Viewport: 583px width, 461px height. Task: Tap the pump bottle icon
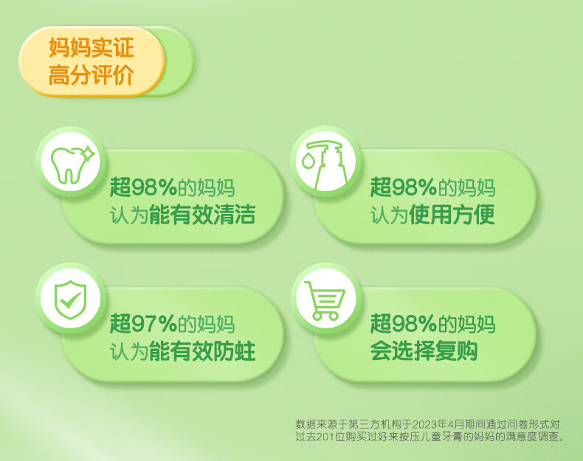pyautogui.click(x=324, y=164)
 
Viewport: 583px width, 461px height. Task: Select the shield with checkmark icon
pyautogui.click(x=70, y=299)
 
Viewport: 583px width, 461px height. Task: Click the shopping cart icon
pyautogui.click(x=325, y=300)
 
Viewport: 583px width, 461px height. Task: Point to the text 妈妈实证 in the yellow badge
pyautogui.click(x=91, y=47)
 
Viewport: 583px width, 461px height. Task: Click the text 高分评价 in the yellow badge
pyautogui.click(x=91, y=74)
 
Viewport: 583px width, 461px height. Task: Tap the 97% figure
pyautogui.click(x=154, y=324)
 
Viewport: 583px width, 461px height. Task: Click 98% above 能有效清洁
pyautogui.click(x=154, y=187)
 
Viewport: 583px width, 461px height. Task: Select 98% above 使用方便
pyautogui.click(x=414, y=187)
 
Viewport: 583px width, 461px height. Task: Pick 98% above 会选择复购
pyautogui.click(x=414, y=324)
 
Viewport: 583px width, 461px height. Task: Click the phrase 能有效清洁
pyautogui.click(x=202, y=215)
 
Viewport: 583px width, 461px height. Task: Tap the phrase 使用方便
pyautogui.click(x=452, y=215)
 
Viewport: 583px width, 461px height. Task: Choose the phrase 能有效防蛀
pyautogui.click(x=202, y=351)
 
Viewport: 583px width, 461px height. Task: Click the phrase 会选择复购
pyautogui.click(x=424, y=351)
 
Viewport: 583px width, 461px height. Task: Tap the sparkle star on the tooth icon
pyautogui.click(x=89, y=152)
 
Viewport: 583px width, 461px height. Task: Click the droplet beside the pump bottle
pyautogui.click(x=307, y=162)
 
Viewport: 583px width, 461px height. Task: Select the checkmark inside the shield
pyautogui.click(x=71, y=300)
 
